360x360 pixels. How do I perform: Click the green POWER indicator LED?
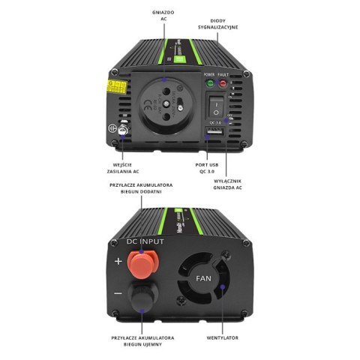point(210,84)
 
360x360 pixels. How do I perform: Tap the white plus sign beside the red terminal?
point(118,262)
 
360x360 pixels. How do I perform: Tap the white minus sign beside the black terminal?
point(118,295)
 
